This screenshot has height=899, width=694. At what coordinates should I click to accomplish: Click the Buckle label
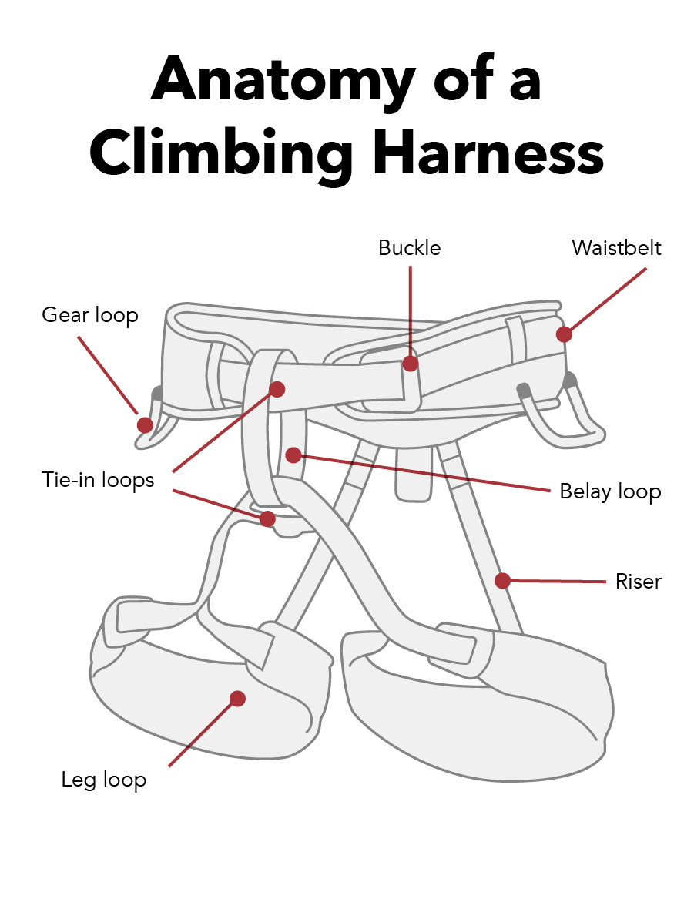pos(409,248)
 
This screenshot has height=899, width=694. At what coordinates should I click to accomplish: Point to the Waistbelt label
pos(616,248)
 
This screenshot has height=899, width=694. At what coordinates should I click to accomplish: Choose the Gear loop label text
pos(89,315)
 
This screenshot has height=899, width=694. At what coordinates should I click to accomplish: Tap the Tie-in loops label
pos(98,480)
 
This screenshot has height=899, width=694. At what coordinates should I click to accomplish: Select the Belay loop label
pos(610,491)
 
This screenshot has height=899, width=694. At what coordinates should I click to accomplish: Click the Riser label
pos(638,581)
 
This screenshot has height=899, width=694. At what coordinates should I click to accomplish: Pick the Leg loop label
pos(104,780)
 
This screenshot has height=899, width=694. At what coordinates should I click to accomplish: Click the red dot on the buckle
pos(411,364)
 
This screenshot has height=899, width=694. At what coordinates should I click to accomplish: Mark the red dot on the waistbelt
pos(564,334)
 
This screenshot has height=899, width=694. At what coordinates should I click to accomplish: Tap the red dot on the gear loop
pos(144,424)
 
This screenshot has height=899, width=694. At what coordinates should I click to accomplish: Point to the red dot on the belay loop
pos(293,455)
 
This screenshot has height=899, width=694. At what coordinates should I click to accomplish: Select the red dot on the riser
pos(502,580)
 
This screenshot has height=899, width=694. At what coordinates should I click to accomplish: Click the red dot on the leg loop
pos(237,699)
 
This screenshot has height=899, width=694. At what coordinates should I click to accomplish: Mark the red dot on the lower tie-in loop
pos(267,518)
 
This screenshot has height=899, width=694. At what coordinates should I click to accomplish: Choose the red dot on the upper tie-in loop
pos(277,389)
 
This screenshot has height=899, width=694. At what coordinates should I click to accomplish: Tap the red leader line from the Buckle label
pos(411,308)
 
